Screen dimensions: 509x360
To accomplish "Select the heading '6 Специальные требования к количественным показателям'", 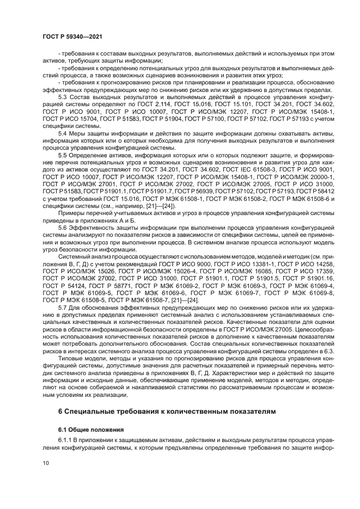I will point(167,394).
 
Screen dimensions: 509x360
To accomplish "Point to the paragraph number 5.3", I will point(63,96).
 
